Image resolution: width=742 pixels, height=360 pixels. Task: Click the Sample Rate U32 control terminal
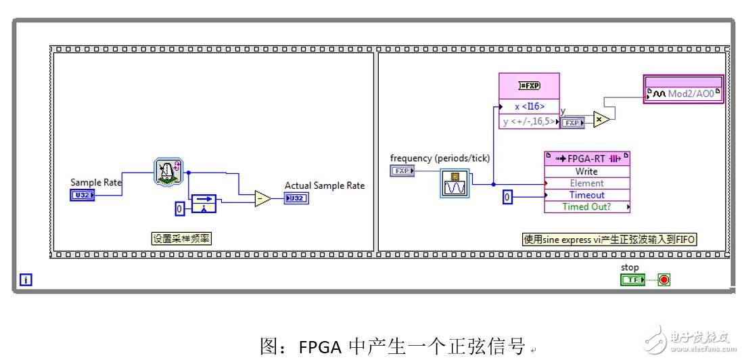tap(82, 196)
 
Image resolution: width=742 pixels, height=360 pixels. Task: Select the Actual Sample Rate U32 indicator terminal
tap(296, 198)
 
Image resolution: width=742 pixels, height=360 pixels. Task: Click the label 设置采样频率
tap(178, 238)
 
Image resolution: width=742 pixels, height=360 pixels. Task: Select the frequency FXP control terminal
tap(402, 171)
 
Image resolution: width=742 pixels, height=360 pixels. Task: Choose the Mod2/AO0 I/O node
tap(683, 94)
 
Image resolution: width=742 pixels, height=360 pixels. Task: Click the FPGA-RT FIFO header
tap(586, 158)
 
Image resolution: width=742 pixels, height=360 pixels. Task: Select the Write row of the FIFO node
tap(586, 171)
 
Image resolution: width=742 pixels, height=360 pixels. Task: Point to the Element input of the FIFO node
tap(586, 183)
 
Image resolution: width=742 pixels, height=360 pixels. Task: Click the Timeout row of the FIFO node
tap(586, 195)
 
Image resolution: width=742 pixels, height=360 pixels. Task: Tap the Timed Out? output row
tap(586, 206)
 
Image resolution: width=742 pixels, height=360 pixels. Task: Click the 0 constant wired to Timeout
tap(508, 197)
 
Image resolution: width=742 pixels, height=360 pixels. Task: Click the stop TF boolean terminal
tap(632, 279)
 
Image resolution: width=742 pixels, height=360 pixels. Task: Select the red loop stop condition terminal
tap(664, 279)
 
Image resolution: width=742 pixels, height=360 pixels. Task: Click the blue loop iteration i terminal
tap(26, 279)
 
